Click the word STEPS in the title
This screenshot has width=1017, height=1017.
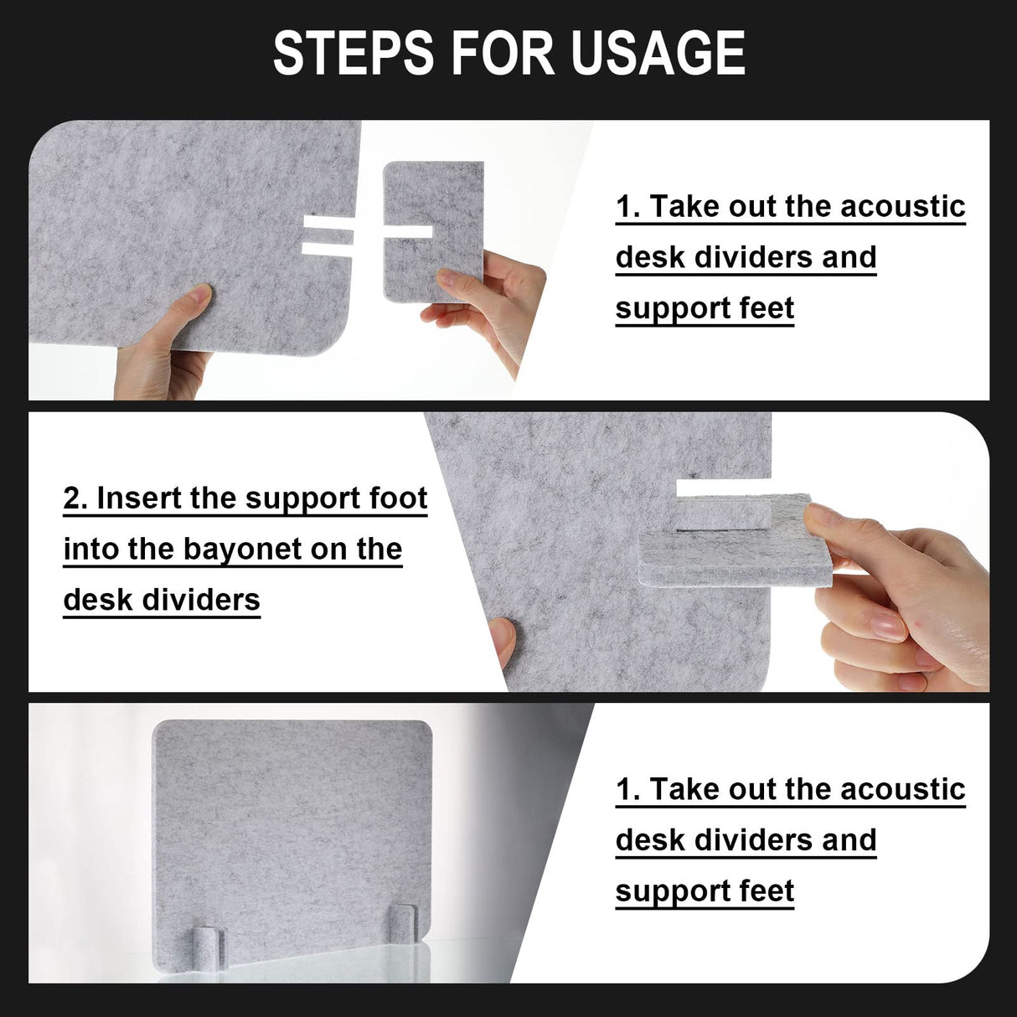tap(353, 54)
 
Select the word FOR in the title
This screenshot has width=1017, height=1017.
tap(503, 54)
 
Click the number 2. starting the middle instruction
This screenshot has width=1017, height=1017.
tap(76, 498)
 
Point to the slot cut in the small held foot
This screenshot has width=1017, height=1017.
tap(407, 232)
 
